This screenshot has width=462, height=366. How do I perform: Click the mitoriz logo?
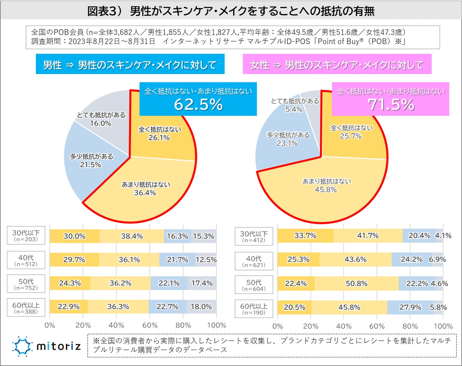(47, 346)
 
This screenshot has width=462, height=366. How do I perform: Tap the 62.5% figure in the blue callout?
(198, 104)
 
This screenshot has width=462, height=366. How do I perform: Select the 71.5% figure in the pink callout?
(391, 104)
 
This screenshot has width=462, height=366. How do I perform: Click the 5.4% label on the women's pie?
(294, 109)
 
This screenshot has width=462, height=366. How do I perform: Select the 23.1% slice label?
(287, 143)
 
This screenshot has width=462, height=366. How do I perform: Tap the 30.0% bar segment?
(75, 236)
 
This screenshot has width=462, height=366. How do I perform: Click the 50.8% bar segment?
(356, 284)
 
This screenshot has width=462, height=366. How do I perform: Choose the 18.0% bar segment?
(201, 307)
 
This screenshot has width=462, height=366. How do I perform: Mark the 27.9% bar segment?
(410, 307)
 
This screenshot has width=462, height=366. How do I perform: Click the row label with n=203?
(26, 236)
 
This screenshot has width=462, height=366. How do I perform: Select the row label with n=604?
(254, 285)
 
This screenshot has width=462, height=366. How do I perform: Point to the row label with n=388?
(26, 308)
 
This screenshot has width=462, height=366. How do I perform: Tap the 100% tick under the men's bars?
(216, 325)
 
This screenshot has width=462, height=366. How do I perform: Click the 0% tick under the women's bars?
(278, 326)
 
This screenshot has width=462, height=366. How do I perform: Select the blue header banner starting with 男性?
(130, 65)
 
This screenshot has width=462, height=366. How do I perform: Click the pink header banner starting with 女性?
(337, 65)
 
